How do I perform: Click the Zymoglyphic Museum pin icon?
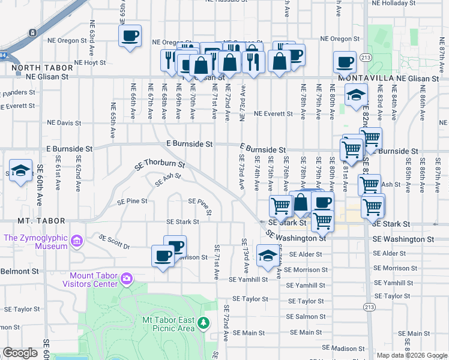click(x=76, y=242)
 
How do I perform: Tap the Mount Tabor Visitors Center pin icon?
click(x=126, y=278)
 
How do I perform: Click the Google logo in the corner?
click(x=20, y=353)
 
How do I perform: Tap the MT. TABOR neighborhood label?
click(x=25, y=221)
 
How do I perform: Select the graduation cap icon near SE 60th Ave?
click(x=20, y=170)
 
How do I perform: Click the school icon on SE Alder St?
click(x=267, y=256)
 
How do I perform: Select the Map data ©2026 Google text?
click(x=412, y=355)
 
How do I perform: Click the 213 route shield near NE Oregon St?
click(x=367, y=57)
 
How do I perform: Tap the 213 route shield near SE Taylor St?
click(x=367, y=306)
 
